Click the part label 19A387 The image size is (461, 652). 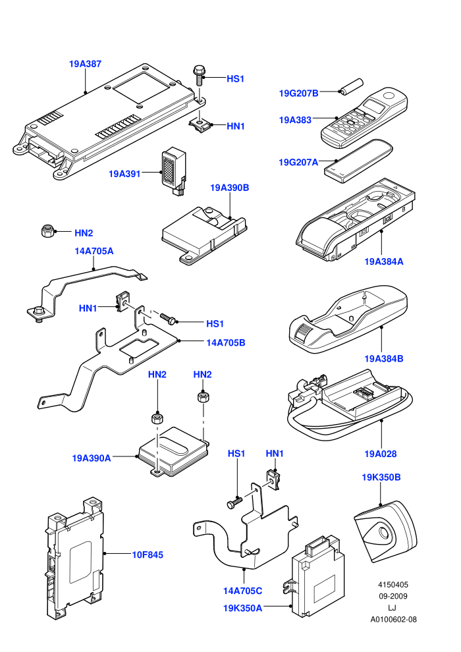coord(85,64)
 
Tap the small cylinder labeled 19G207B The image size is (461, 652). coord(352,86)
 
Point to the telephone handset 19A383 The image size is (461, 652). coord(364,117)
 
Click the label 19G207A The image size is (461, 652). coord(298,162)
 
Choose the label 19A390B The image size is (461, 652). coord(229,188)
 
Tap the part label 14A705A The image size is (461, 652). coord(94,251)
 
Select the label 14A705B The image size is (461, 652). coord(226,342)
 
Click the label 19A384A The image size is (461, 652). coord(384,261)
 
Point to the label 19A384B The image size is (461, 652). coord(384,358)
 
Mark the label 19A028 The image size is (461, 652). coord(381,454)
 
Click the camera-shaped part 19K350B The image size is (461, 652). coord(385,532)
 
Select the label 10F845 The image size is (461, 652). coord(148,555)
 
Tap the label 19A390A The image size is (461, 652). coord(92,458)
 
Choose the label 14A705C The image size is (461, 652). coord(243,591)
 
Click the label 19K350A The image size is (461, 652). coord(243,608)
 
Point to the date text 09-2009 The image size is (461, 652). coord(393,596)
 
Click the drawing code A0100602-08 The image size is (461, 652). coord(393,620)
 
